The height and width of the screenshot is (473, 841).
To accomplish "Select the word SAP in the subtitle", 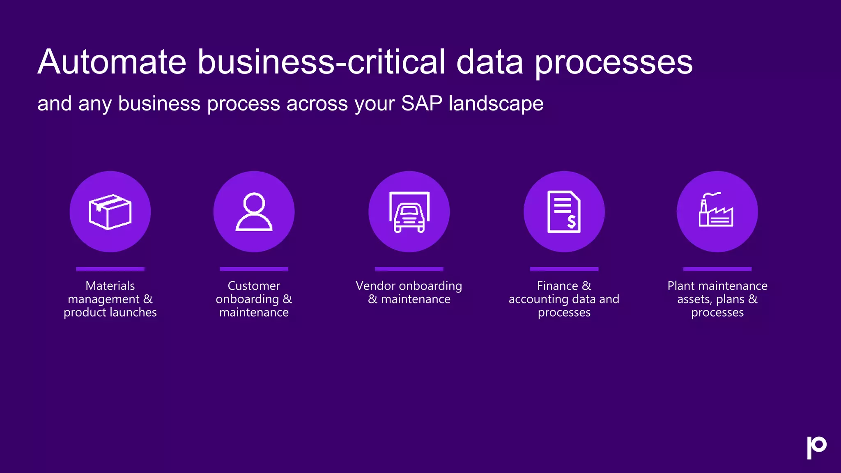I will tap(421, 103).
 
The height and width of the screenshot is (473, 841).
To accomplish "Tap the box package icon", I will tap(110, 212).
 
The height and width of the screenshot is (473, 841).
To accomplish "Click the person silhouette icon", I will tap(254, 212).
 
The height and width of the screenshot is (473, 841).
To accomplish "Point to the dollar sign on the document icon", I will tap(571, 222).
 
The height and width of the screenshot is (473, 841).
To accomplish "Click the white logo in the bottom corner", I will tap(816, 447).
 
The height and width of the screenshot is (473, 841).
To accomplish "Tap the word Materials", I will tap(110, 286).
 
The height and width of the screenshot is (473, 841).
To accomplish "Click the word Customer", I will tap(254, 286).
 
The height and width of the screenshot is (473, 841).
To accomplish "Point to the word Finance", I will tap(557, 286).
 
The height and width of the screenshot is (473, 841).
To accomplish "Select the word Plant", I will tap(681, 286).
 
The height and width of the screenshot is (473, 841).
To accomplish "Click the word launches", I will tap(133, 312).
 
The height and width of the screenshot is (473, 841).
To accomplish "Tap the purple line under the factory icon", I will tap(717, 269).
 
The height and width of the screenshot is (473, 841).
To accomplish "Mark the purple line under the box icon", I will tap(110, 269).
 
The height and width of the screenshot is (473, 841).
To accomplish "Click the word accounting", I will tap(538, 299).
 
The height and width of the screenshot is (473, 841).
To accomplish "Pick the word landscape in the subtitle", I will tap(496, 103).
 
